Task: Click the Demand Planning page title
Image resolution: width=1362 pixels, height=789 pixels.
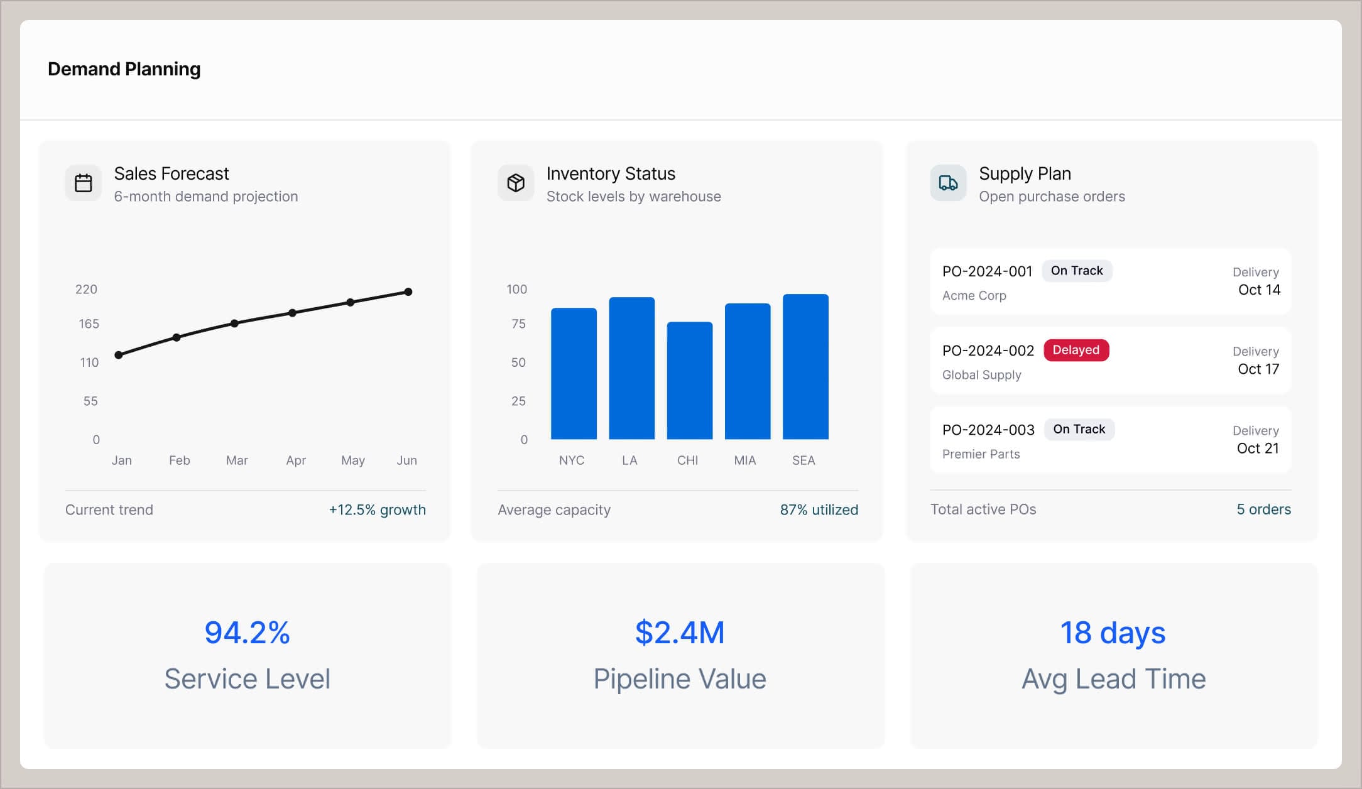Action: click(x=124, y=69)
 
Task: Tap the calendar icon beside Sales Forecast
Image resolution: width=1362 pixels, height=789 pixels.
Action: click(x=83, y=183)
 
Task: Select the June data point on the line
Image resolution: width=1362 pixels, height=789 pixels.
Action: click(x=408, y=291)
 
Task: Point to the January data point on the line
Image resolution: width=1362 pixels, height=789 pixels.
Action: click(x=119, y=355)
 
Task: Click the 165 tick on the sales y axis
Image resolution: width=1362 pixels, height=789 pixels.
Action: click(x=89, y=324)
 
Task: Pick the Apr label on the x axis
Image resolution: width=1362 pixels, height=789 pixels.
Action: click(x=296, y=460)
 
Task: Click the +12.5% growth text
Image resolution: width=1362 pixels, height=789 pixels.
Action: click(x=377, y=509)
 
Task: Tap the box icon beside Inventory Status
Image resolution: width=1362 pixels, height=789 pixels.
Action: click(x=515, y=183)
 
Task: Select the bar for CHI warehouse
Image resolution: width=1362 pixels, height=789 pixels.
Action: click(x=689, y=381)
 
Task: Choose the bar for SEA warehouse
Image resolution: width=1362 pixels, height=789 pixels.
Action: click(x=805, y=367)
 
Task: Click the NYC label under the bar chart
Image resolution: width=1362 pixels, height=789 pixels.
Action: click(x=571, y=460)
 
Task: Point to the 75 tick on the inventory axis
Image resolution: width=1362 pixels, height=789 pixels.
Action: click(x=518, y=324)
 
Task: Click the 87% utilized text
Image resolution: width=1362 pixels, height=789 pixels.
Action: click(x=819, y=509)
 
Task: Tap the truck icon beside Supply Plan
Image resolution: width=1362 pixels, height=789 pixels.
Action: click(x=948, y=183)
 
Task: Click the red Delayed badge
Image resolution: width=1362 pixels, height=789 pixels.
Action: click(x=1076, y=350)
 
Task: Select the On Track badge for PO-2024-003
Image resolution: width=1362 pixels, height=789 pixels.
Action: click(x=1079, y=429)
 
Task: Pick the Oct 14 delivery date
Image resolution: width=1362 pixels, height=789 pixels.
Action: click(x=1258, y=290)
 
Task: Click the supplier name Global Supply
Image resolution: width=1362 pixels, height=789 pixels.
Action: click(x=981, y=375)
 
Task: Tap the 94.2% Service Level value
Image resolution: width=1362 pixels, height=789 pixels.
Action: click(x=247, y=633)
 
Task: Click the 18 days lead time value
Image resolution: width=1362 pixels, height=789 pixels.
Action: click(x=1113, y=633)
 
